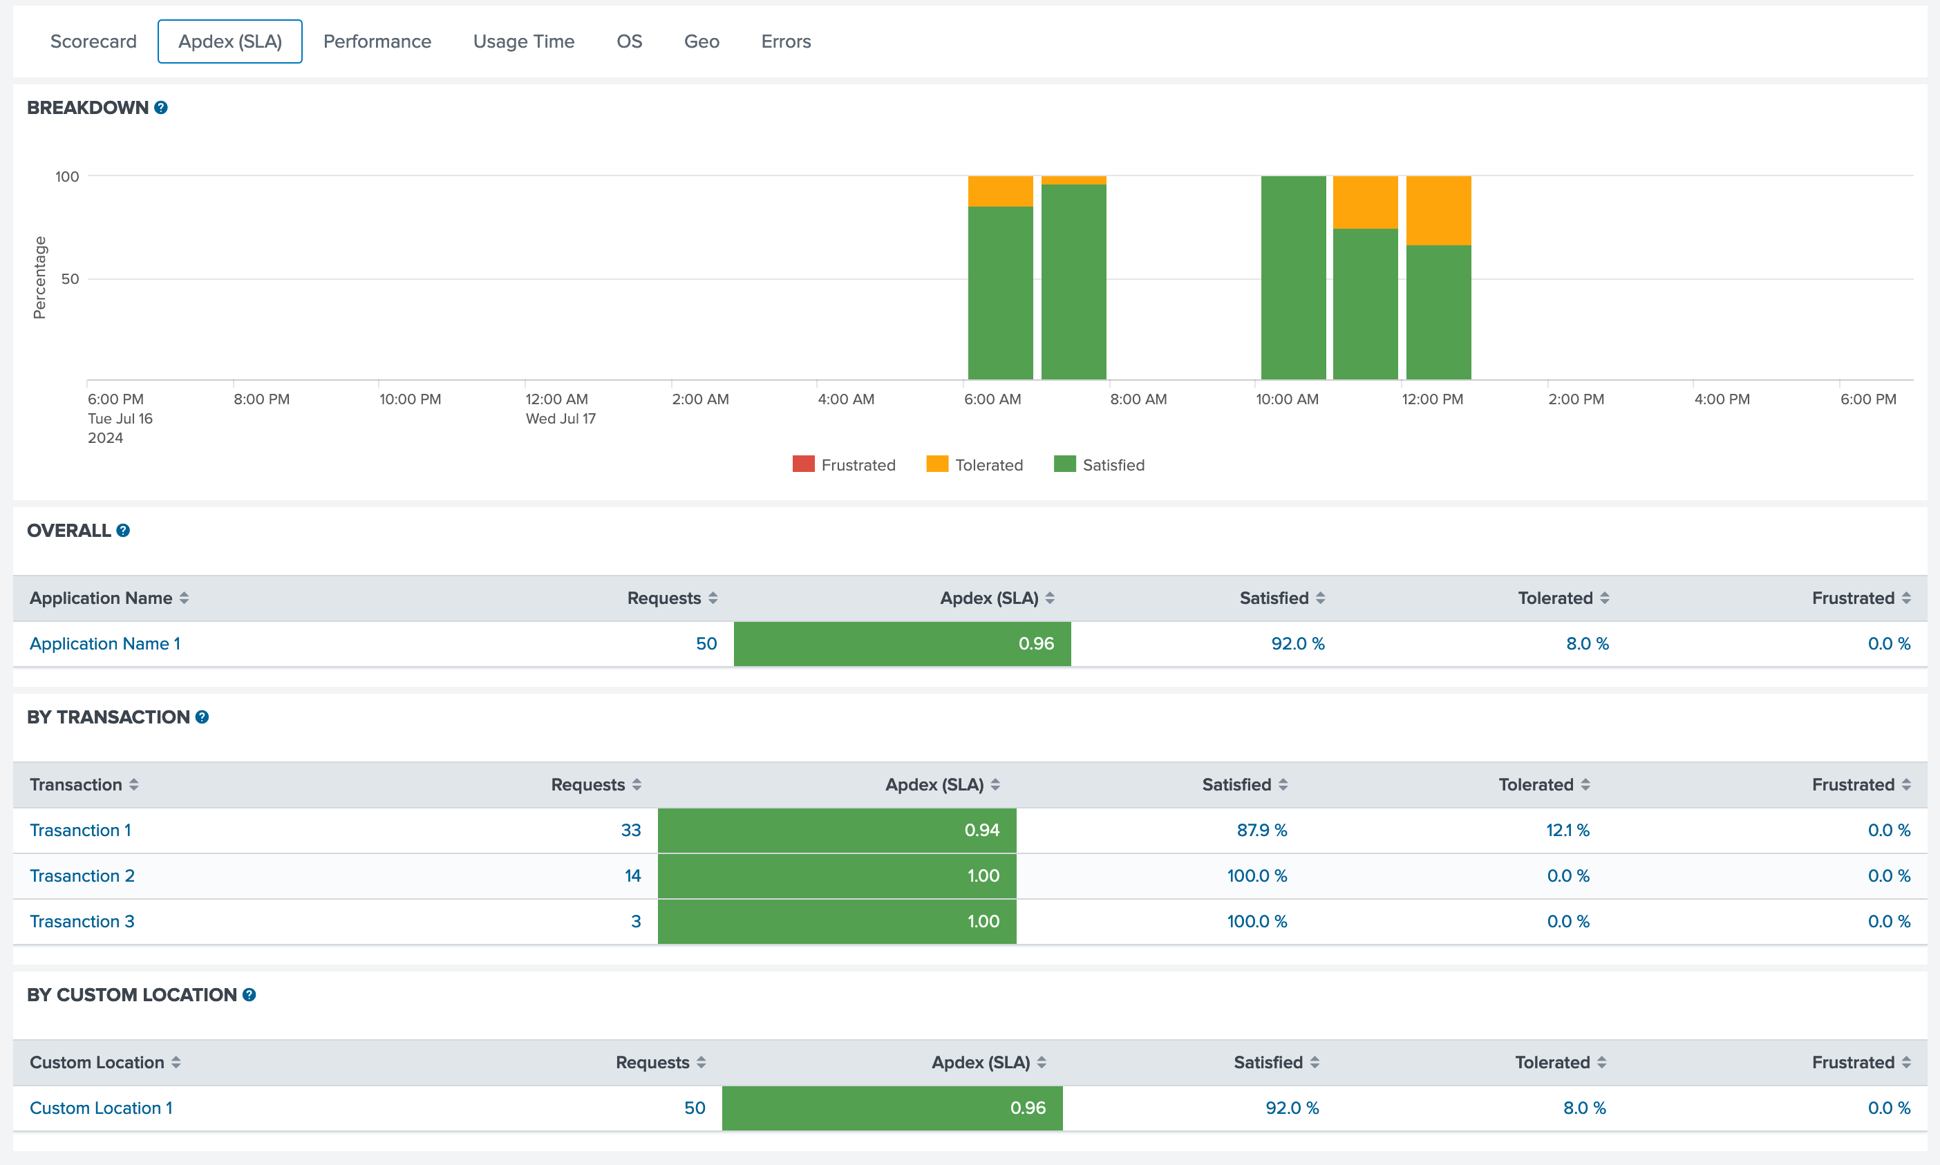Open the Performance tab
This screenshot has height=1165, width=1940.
[377, 41]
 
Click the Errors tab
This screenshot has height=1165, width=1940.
[785, 41]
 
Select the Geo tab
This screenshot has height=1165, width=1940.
[701, 41]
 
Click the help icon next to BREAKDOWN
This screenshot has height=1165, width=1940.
[161, 108]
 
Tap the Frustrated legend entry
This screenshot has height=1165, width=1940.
[844, 465]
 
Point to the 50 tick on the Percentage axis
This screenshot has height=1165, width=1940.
[70, 278]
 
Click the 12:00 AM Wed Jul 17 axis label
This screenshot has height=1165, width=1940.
[560, 408]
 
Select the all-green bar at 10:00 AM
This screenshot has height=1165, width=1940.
[1292, 278]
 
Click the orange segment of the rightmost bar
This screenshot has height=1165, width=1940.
[1438, 210]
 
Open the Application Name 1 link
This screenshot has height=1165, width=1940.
[105, 644]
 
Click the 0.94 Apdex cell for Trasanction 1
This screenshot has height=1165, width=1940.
[837, 831]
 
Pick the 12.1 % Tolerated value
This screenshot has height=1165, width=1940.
[1567, 831]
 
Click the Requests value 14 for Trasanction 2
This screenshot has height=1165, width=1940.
[633, 876]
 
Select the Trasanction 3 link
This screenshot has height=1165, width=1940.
[82, 922]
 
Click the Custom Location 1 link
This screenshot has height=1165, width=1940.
[102, 1108]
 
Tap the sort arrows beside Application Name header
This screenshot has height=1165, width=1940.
[184, 598]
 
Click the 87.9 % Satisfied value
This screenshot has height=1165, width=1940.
[1262, 831]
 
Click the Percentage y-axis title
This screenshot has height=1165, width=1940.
[39, 278]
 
